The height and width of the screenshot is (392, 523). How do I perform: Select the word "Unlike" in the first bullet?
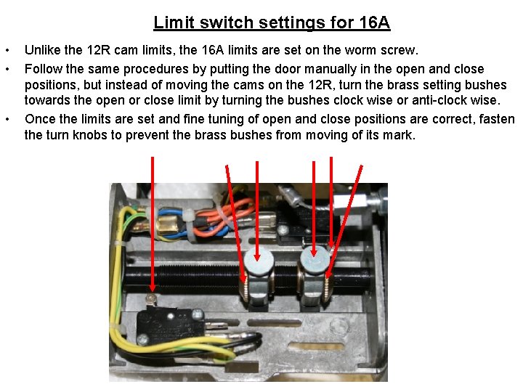(x=43, y=50)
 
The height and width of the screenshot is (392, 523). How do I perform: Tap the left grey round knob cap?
(x=259, y=261)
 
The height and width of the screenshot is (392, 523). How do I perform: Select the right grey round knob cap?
(x=315, y=260)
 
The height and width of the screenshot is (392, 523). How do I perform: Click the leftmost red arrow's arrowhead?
(x=153, y=286)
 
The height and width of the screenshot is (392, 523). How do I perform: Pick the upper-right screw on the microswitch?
(x=197, y=313)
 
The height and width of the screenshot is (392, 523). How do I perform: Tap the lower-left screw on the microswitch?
(x=142, y=340)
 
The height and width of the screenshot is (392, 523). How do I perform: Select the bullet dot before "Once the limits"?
(x=7, y=119)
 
